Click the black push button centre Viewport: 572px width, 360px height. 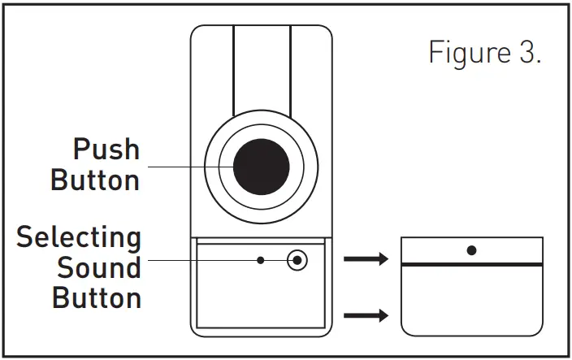[x=262, y=166]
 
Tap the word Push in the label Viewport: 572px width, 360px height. [x=106, y=150]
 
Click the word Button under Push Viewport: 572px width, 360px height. [x=95, y=180]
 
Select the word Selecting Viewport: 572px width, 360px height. [x=79, y=238]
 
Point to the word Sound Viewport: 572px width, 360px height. [x=98, y=267]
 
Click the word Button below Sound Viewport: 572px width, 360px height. [x=97, y=297]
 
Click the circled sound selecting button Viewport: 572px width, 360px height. [x=298, y=260]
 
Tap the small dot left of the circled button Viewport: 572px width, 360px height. [x=260, y=260]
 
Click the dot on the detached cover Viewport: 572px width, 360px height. [x=471, y=250]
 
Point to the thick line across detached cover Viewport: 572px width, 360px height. [x=472, y=265]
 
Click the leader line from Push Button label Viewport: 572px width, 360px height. [x=187, y=167]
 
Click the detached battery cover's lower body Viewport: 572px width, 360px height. [x=472, y=301]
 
